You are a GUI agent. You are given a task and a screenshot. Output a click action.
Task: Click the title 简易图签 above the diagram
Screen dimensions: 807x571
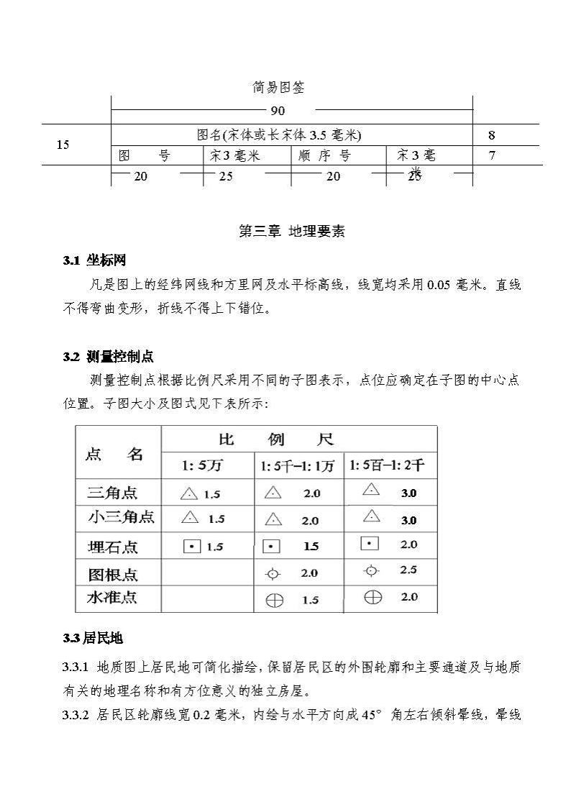(x=278, y=88)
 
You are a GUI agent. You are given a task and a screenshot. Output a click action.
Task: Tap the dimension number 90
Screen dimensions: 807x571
(x=278, y=111)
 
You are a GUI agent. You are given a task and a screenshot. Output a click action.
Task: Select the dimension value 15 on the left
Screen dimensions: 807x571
(x=63, y=145)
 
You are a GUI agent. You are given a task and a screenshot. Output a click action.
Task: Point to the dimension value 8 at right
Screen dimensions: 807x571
(x=492, y=135)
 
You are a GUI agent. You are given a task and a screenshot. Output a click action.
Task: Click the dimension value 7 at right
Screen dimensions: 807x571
(x=492, y=155)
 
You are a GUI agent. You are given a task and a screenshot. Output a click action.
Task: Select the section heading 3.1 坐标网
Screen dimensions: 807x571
(x=94, y=260)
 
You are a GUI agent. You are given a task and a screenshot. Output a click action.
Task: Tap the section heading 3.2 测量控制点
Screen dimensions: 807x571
(x=108, y=357)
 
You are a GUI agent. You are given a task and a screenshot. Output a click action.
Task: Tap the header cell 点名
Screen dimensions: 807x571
(x=114, y=454)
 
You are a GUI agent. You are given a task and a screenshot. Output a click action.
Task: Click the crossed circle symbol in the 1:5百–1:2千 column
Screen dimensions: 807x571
(x=372, y=596)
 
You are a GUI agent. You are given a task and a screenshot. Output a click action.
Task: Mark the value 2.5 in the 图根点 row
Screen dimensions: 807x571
(x=408, y=570)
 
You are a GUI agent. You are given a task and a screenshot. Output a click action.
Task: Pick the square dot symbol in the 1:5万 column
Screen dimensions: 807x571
(x=191, y=546)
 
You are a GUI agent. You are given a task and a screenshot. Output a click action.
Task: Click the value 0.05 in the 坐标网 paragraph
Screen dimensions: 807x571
(x=438, y=285)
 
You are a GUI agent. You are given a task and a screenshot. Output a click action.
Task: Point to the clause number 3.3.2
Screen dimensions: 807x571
(x=76, y=715)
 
